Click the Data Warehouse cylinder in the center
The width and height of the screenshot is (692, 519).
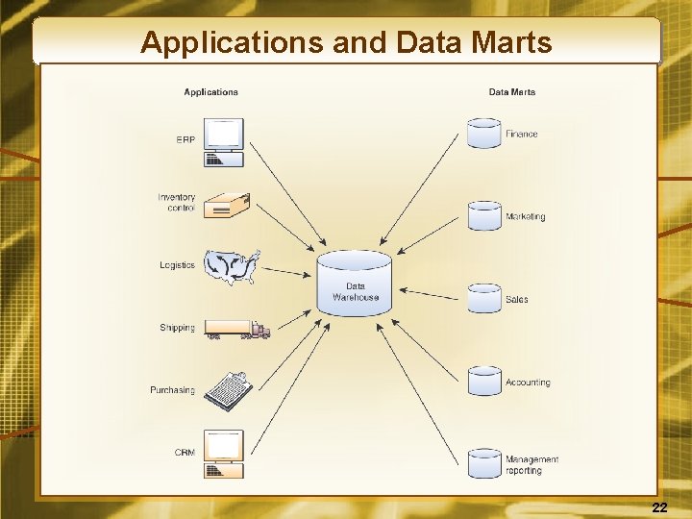(x=355, y=283)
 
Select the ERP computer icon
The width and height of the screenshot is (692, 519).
(x=224, y=141)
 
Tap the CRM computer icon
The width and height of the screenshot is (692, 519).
(x=224, y=454)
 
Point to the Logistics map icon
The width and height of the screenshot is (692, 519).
(x=233, y=266)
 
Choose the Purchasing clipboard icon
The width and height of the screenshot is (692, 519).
(x=230, y=390)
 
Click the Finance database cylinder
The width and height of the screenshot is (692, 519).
(x=484, y=133)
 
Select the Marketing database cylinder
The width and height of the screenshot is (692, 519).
(x=484, y=215)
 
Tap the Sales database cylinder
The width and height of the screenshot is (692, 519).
(x=484, y=298)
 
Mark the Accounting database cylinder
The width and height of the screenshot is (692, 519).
(x=484, y=381)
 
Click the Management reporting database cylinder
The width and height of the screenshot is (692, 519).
(x=484, y=462)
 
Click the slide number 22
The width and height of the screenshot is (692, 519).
(x=659, y=507)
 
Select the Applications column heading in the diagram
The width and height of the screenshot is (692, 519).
(x=210, y=92)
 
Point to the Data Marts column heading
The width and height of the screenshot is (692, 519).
(x=512, y=92)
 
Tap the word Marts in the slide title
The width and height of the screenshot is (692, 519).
(x=508, y=42)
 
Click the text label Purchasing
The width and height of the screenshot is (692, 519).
(x=172, y=390)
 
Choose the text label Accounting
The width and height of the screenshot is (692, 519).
(x=528, y=383)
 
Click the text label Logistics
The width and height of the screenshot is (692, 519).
(x=177, y=265)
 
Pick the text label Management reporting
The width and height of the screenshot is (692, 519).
(x=531, y=465)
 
